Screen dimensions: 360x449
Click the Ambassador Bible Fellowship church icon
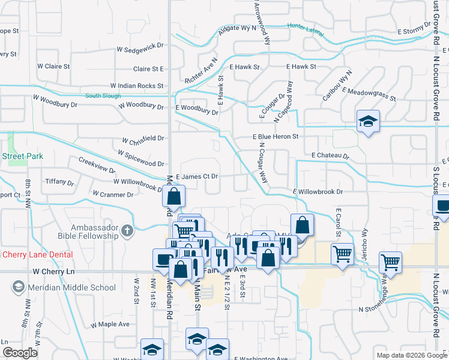point(127,230)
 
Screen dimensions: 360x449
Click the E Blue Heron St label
point(274,137)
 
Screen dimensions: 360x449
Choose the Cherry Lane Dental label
point(37,254)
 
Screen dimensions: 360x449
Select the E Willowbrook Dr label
point(318,192)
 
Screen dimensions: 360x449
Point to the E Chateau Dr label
point(330,156)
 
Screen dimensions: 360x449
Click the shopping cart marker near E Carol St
point(342,253)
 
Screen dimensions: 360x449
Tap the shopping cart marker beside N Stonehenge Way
point(390,262)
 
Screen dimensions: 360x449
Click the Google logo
point(20,352)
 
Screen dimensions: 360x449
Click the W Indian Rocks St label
point(137,86)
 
